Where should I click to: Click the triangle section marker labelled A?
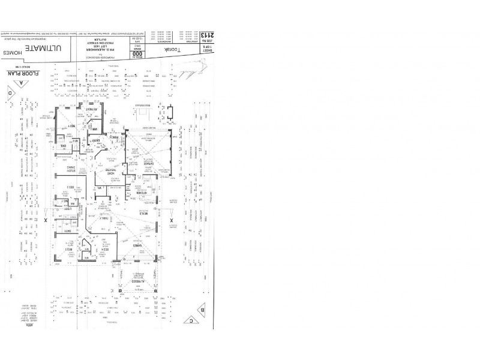pyautogui.click(x=22, y=83)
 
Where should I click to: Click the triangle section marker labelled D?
pyautogui.click(x=10, y=93)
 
